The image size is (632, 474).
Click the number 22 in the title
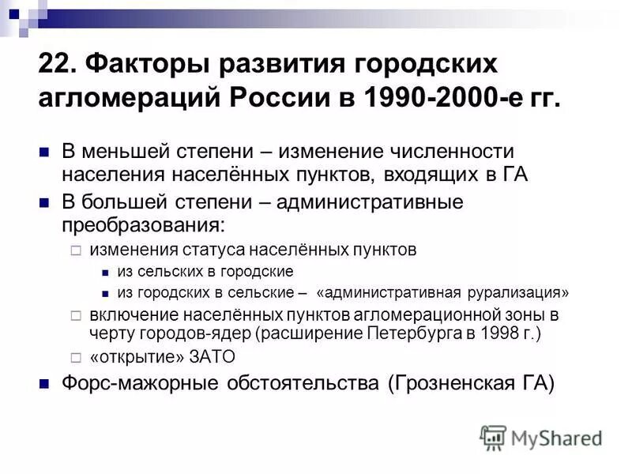coord(54,65)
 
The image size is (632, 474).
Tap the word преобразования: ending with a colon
coord(144,224)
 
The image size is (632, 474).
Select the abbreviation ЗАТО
coord(212,356)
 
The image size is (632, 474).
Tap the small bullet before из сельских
coord(105,272)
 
